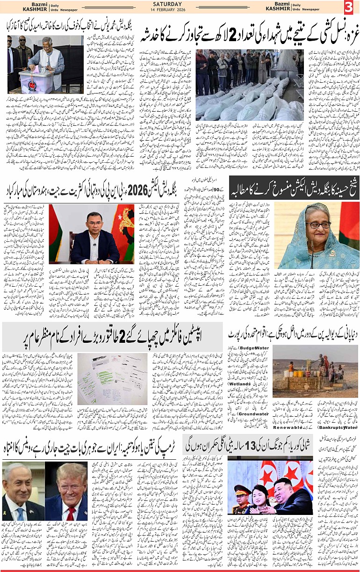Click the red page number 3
[x=348, y=7]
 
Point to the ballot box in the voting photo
[x=36, y=80]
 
